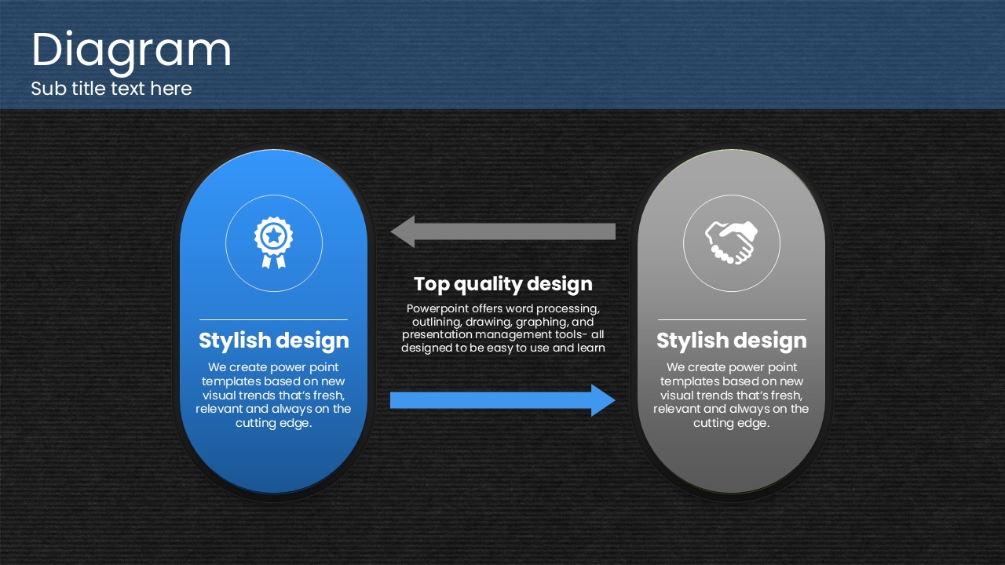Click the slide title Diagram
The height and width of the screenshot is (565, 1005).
click(x=131, y=51)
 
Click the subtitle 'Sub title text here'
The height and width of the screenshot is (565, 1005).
click(x=111, y=89)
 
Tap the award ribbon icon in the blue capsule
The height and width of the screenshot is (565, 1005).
click(x=274, y=242)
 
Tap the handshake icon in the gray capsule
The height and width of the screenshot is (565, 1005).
click(x=731, y=242)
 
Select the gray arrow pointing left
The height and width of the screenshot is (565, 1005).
click(x=503, y=231)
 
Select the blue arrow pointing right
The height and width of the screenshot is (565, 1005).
click(x=503, y=400)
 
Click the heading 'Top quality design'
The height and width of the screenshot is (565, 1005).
click(x=503, y=284)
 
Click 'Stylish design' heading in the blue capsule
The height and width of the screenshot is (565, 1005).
click(x=274, y=341)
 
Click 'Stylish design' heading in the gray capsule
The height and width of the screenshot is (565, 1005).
click(x=731, y=341)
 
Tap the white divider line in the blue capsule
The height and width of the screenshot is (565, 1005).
click(x=274, y=319)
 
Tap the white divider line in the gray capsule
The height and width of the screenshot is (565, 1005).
click(x=732, y=319)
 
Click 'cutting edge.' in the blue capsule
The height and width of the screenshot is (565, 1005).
click(x=274, y=423)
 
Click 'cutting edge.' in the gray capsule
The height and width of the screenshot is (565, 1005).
click(x=731, y=423)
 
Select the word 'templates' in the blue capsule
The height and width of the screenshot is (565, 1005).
click(x=228, y=381)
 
